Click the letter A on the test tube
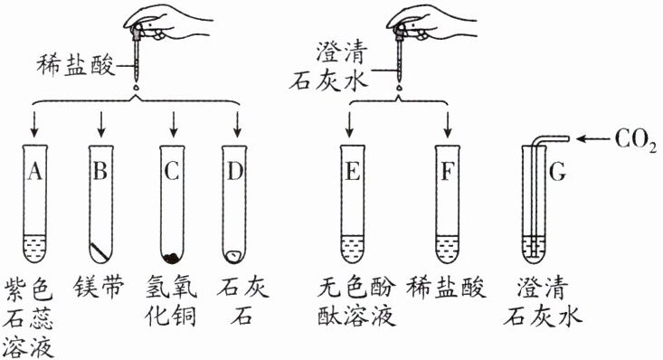pos(35,171)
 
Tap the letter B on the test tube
pos(100,171)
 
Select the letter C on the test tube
pos(172,171)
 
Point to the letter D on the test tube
pos(235,171)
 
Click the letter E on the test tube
pos(353,171)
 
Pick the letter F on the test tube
pos(448,171)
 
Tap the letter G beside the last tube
pos(557,172)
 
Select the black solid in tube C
pos(171,258)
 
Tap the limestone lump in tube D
pos(233,255)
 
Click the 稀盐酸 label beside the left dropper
pos(76,66)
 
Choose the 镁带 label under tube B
pos(99,288)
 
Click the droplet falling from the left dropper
pos(136,87)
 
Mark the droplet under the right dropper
pos(399,88)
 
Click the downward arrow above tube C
pos(173,124)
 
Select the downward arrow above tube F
pos(448,124)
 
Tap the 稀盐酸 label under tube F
pos(446,288)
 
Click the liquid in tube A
pos(35,248)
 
